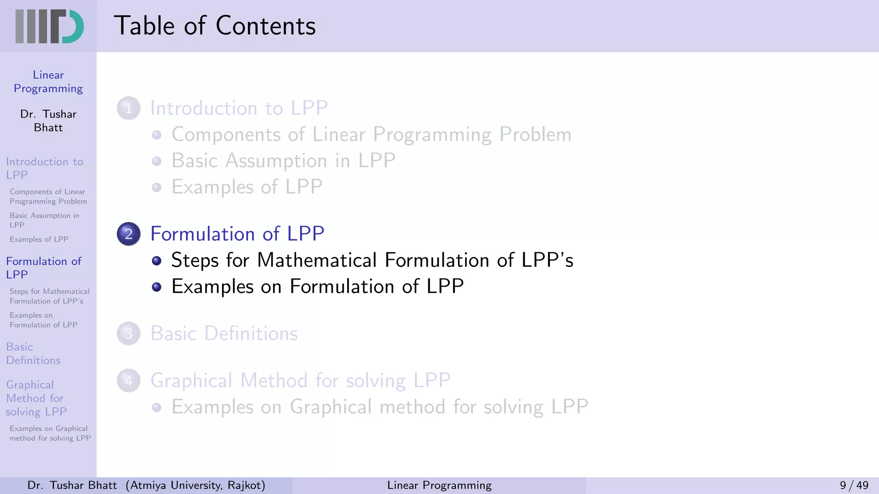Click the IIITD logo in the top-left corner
pos(49,26)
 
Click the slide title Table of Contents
pos(215,26)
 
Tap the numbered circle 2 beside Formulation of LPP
pos(129,234)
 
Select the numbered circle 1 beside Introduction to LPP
pos(129,108)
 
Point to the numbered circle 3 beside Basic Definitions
pos(129,334)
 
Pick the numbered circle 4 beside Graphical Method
pos(129,381)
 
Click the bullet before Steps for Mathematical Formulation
pos(157,261)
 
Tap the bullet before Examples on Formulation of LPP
pos(157,287)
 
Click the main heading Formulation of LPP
pos(237,234)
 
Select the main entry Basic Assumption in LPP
pos(283,161)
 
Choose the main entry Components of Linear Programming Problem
pos(371,135)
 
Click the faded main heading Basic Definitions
pos(224,334)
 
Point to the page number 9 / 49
pos(854,485)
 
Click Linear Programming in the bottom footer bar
pos(439,485)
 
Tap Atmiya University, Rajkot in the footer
pos(196,485)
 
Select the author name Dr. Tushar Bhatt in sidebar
pos(48,121)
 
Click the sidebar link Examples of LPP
pos(39,239)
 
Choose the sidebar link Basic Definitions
pos(33,353)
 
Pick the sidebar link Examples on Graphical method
pos(50,433)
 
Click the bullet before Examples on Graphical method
pos(157,407)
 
